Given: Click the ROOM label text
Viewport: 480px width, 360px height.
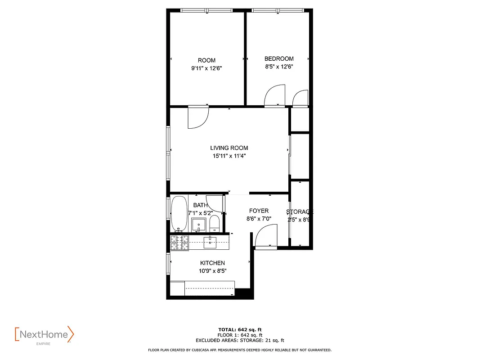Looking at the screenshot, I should [x=206, y=60].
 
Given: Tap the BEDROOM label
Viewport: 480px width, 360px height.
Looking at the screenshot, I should [x=279, y=58].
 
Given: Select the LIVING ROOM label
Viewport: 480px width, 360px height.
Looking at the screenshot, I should [x=229, y=148].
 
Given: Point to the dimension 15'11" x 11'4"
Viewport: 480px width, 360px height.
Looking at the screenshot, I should [x=229, y=156].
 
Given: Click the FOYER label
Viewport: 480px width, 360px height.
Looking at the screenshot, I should [x=259, y=211].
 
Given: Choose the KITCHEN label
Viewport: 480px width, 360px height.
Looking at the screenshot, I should [x=212, y=263].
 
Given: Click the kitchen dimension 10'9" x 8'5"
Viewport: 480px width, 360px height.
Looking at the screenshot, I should [x=212, y=271].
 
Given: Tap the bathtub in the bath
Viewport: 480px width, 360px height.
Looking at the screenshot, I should [x=179, y=214].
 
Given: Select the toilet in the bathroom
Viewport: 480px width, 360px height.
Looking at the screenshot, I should [x=215, y=223].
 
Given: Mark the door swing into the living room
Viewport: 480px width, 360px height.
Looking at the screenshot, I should [x=197, y=117].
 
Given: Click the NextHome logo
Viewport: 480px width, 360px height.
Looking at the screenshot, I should [x=44, y=335].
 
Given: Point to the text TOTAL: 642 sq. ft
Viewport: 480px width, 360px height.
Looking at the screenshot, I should [x=240, y=329].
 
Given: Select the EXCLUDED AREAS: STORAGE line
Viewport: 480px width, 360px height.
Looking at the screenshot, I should [x=240, y=341].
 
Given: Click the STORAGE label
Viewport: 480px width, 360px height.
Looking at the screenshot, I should [x=300, y=212].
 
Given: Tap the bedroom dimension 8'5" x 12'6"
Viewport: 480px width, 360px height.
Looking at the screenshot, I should [x=279, y=67].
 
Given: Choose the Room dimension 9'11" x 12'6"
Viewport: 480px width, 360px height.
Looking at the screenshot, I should [x=206, y=68].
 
